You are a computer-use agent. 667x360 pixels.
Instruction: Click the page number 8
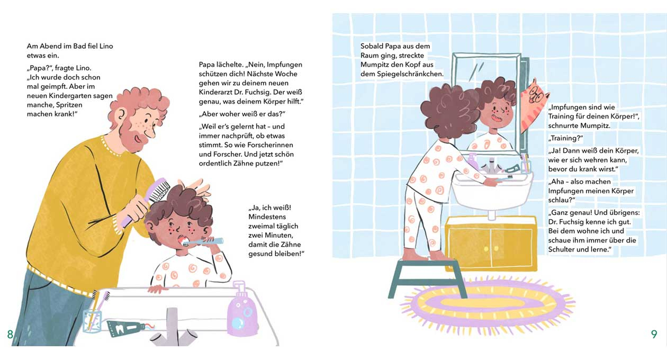point(10,335)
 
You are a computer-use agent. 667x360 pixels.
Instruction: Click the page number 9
point(654,334)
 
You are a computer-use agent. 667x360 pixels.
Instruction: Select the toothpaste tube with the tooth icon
point(128,328)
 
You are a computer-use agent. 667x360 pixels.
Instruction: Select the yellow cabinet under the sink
point(491,244)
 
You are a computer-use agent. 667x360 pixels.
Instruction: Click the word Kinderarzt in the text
point(213,92)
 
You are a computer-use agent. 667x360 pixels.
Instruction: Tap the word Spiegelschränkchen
point(410,74)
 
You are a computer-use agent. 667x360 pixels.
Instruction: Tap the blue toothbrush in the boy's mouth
point(203,241)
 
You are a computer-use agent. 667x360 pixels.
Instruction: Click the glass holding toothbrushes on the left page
point(92,321)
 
